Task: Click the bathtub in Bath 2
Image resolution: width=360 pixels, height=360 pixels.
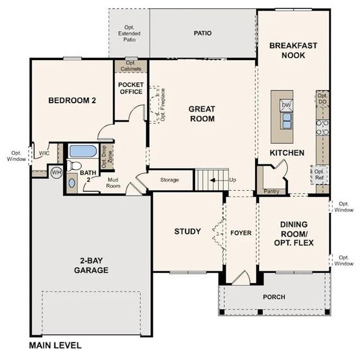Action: click(x=82, y=151)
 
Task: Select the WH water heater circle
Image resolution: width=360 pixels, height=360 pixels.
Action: click(x=56, y=172)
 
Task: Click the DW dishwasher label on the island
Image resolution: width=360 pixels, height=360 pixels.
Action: click(x=286, y=105)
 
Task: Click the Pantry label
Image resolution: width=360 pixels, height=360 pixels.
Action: click(x=271, y=191)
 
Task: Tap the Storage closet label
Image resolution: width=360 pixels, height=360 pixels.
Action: click(x=169, y=180)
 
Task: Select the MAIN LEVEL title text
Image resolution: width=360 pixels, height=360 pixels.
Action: click(x=55, y=346)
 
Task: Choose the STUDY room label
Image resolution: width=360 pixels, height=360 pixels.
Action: click(x=187, y=232)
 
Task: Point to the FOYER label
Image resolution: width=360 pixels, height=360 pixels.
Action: click(x=241, y=232)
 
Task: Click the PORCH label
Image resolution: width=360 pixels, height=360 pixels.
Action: click(x=274, y=297)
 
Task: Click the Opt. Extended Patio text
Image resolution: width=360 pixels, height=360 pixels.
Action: click(x=129, y=34)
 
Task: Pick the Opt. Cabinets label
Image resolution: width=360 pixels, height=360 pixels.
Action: click(x=131, y=66)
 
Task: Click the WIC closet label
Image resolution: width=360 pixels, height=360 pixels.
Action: click(x=44, y=154)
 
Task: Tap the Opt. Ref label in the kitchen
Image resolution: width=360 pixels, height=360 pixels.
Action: click(x=320, y=175)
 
